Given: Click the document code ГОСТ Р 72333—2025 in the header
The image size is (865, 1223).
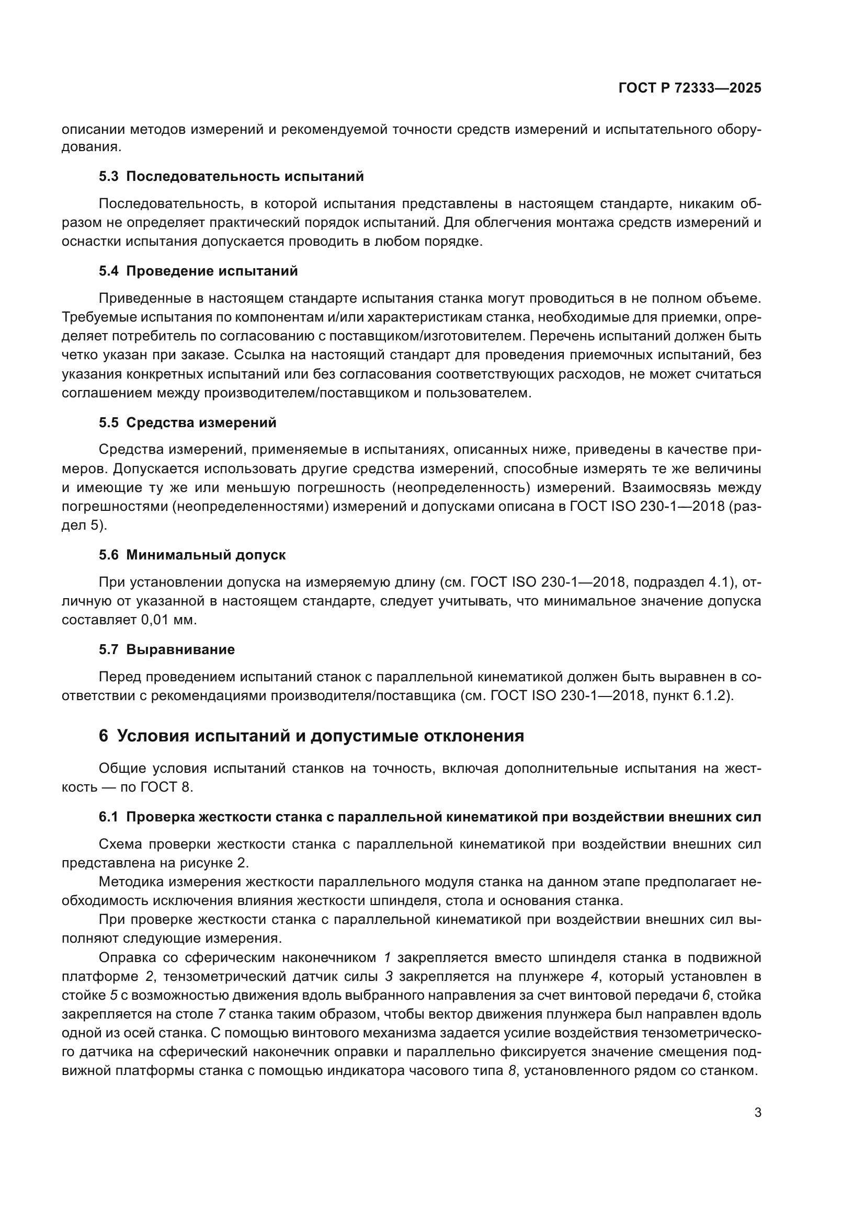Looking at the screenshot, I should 690,88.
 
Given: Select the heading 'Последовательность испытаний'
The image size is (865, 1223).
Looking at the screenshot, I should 245,177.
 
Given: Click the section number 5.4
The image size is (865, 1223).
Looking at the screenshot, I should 109,271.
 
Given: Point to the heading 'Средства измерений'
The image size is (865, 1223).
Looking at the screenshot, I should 201,423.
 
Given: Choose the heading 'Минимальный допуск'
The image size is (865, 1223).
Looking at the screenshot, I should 206,555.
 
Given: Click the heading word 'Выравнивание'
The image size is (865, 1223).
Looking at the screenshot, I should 180,650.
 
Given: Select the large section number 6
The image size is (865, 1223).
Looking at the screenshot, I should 104,736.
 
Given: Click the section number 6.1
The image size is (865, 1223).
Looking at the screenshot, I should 109,817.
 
